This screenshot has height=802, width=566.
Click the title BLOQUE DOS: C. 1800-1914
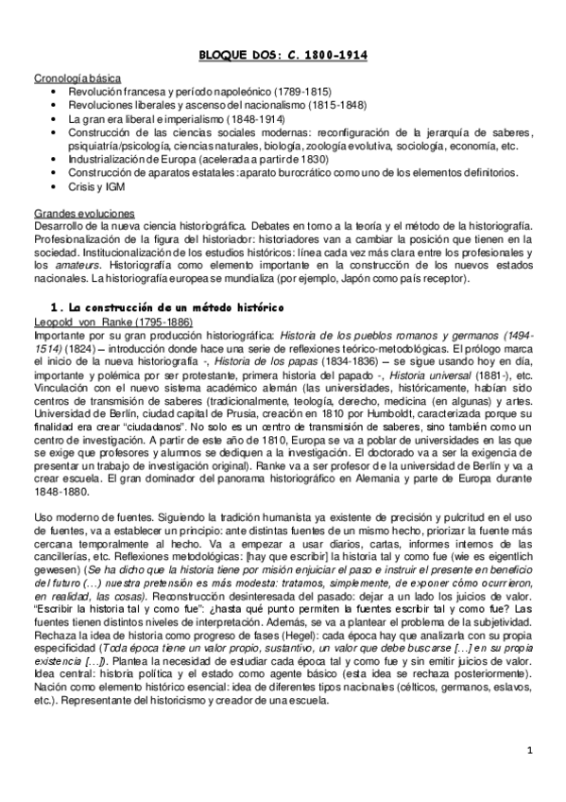283,56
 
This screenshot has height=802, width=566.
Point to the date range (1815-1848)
333,105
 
